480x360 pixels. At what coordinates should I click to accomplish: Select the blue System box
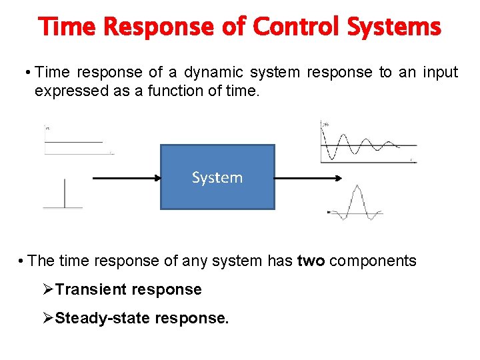[x=217, y=177]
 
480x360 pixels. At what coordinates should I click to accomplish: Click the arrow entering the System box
[x=127, y=178]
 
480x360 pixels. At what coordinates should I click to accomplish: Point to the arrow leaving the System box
[x=308, y=178]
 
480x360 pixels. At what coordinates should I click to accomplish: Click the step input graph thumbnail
[x=77, y=140]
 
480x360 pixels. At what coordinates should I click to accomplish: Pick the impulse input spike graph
[x=63, y=194]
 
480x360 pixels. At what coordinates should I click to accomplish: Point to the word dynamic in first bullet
[x=210, y=72]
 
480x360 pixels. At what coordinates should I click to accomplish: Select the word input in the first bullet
[x=440, y=72]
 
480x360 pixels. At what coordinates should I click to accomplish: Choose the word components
[x=373, y=261]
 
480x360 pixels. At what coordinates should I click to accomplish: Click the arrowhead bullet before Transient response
[x=47, y=289]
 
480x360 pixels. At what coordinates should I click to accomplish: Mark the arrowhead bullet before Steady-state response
[x=47, y=319]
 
